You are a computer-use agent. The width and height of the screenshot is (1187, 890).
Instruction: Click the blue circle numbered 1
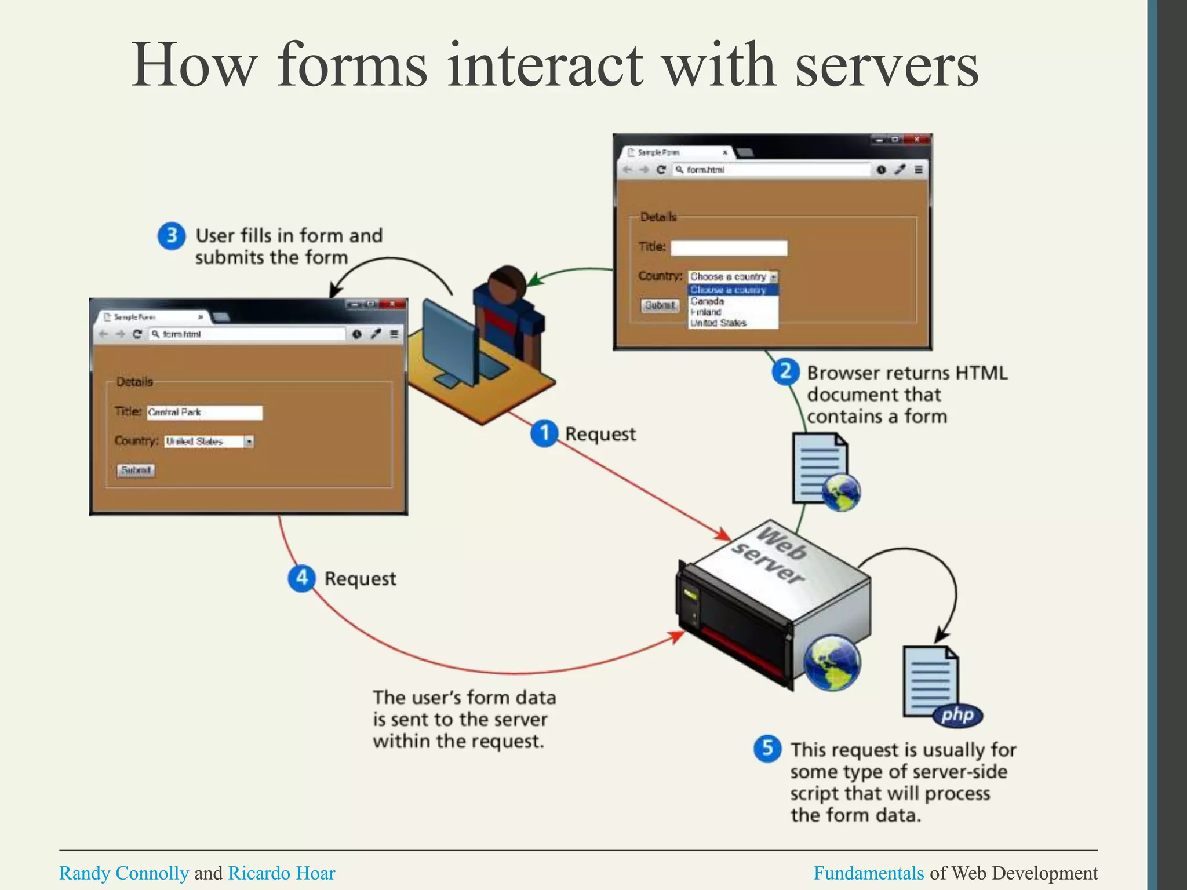point(544,433)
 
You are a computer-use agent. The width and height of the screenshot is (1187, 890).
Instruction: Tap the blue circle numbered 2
point(785,371)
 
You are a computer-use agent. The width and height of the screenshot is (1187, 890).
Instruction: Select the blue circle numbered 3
point(172,236)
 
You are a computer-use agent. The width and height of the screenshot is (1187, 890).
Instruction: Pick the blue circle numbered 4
point(301,578)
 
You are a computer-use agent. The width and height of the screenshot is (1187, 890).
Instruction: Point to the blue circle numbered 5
point(767,749)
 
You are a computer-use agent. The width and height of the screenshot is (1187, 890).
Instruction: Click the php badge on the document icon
point(957,714)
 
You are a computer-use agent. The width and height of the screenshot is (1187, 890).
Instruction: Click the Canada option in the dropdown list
point(707,301)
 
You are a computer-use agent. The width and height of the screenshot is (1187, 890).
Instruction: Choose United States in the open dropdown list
point(718,323)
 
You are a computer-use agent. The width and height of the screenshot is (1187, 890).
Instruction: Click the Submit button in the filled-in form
point(136,470)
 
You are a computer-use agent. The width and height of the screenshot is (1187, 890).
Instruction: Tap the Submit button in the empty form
point(660,305)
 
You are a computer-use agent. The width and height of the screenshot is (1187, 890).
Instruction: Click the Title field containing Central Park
point(204,413)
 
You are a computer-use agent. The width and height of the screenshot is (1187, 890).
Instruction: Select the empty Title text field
point(729,248)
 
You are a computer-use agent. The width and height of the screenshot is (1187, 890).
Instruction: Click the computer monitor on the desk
point(449,342)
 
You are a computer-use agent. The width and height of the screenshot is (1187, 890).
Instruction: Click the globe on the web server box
point(832,662)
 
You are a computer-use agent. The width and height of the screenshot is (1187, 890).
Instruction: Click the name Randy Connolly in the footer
point(124,873)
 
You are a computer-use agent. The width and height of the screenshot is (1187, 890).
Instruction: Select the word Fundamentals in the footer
point(868,873)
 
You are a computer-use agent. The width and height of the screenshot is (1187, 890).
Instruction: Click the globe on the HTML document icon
point(841,493)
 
